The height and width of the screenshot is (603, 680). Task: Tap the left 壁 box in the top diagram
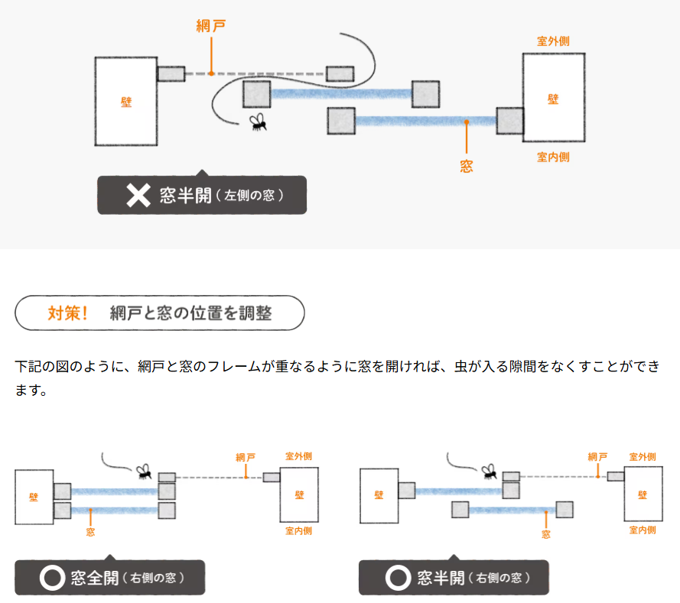coord(125,101)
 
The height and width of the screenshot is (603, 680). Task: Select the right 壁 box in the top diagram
coord(553,98)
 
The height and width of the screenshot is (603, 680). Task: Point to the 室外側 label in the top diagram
coord(553,41)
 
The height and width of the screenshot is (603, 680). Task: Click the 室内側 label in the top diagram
coord(553,157)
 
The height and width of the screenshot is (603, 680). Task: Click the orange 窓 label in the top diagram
coord(466,165)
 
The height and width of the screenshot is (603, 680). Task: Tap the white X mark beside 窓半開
coord(138,196)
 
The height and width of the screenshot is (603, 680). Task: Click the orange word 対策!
coord(68,313)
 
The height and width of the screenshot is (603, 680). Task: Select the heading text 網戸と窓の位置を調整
coord(190,313)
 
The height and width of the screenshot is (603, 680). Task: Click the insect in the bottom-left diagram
coord(143,471)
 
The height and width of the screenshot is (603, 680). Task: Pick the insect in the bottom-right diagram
coord(489,471)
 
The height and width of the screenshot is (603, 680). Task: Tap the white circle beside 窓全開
coord(52,578)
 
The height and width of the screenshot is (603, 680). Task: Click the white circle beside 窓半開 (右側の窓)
coord(397,578)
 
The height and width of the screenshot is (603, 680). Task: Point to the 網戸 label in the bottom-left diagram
coord(246,457)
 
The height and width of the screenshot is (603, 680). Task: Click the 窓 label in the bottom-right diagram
coord(545,534)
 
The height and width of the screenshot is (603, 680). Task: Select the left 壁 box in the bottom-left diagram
coord(34,497)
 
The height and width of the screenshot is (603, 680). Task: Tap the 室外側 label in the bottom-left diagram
coord(298,456)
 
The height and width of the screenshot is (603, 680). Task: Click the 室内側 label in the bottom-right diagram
coord(642,530)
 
